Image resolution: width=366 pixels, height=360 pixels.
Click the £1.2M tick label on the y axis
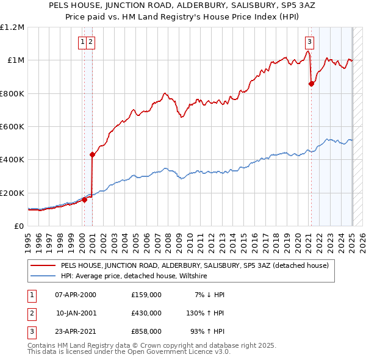(x=12, y=27)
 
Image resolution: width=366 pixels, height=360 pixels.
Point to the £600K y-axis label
(x=12, y=127)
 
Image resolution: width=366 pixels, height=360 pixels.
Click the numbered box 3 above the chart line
(x=310, y=42)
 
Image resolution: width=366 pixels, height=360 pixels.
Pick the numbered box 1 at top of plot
(x=82, y=42)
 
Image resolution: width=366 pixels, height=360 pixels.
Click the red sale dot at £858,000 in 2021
(x=311, y=84)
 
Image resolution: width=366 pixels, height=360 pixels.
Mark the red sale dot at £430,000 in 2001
(x=92, y=155)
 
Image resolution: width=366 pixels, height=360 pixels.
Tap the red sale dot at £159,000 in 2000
(x=84, y=200)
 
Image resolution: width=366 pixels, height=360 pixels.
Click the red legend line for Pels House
(x=43, y=265)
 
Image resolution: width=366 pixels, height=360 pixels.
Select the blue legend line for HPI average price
(x=43, y=276)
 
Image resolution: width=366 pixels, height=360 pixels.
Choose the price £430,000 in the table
(x=146, y=313)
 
